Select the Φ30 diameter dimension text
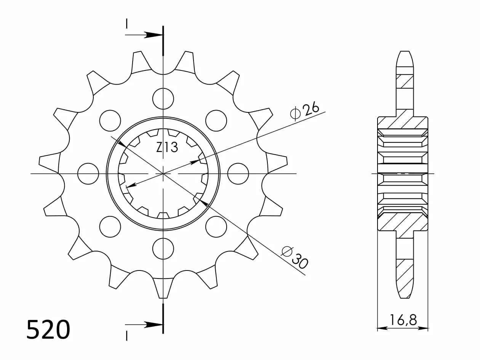tap(295, 258)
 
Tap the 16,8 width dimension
tap(403, 320)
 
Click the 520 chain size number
tap(48, 330)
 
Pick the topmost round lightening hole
tap(163, 99)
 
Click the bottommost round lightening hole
tap(163, 249)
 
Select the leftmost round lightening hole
tap(88, 174)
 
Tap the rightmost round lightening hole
tap(238, 174)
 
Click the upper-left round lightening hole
tap(110, 121)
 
